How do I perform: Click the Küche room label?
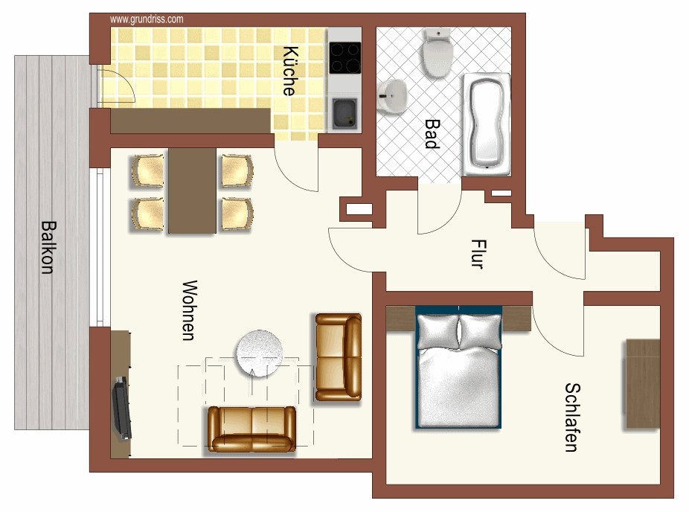pos(289,71)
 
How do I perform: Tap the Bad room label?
pos(432,134)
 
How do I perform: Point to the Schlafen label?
pos(572,417)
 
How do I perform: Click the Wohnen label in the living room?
pos(190,310)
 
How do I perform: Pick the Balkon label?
pos(48,247)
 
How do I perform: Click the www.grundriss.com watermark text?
pos(147,19)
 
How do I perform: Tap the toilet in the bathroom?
pos(438,53)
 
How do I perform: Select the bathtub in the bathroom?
pos(487,124)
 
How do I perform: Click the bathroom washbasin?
pos(392,96)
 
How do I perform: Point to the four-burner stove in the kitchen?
pos(345,57)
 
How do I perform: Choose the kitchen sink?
pos(345,114)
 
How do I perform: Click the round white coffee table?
pos(260,353)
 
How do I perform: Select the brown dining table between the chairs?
pos(193,191)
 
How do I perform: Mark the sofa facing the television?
pos(251,429)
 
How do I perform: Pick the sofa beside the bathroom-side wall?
pos(339,357)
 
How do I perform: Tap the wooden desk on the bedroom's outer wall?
pos(642,384)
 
